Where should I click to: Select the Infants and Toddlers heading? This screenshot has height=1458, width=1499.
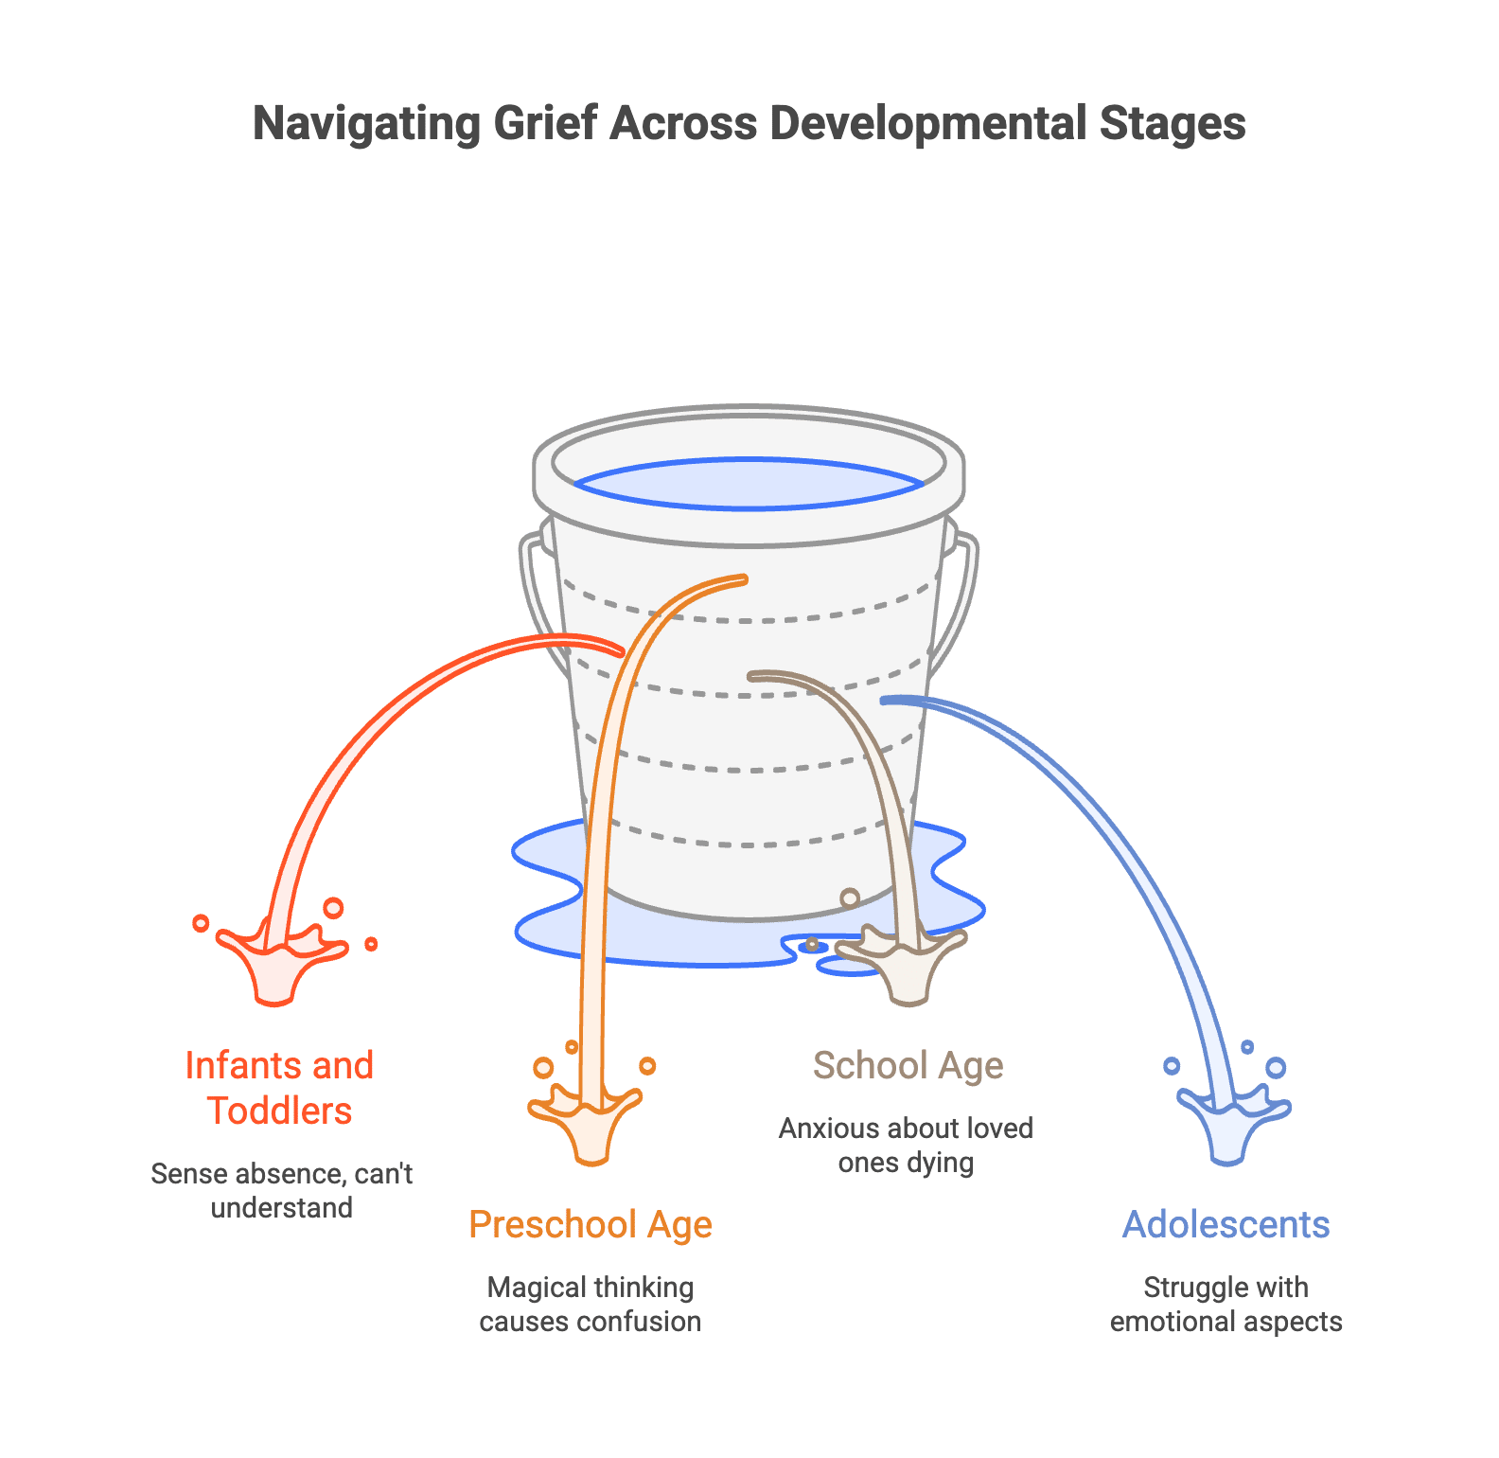point(279,1088)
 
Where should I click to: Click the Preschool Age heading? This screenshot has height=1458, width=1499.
point(591,1224)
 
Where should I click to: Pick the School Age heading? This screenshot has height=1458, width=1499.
point(908,1065)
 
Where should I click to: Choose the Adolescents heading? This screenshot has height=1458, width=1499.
point(1226,1224)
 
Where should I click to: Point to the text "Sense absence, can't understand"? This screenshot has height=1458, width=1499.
point(281,1190)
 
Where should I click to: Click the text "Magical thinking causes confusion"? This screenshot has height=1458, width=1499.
point(590,1304)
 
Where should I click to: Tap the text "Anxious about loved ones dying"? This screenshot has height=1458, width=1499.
point(906,1145)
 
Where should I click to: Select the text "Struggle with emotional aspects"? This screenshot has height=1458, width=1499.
point(1226,1304)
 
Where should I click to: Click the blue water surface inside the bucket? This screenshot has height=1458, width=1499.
point(749,484)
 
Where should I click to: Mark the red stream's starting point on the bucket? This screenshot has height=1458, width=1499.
point(619,650)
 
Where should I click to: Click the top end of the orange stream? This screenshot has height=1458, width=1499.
point(744,578)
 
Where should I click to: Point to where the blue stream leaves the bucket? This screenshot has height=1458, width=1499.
point(885,701)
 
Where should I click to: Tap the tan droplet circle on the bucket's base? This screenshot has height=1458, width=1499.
point(850,898)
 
